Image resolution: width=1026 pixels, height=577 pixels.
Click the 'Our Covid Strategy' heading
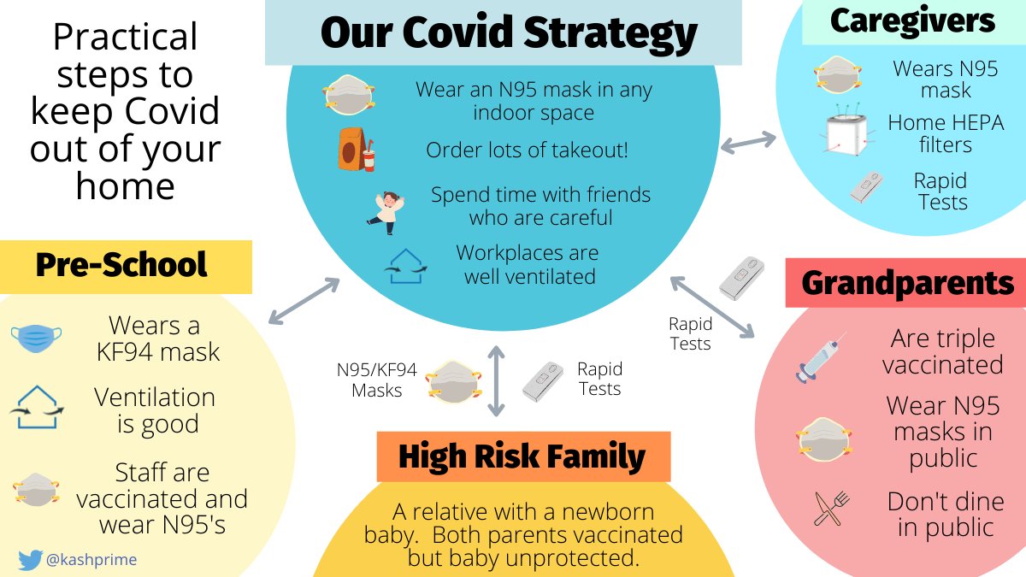point(509,32)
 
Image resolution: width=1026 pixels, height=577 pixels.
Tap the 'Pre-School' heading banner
point(121,266)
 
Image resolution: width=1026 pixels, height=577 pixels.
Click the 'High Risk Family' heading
point(522,457)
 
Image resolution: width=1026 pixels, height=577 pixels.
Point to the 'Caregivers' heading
point(913,21)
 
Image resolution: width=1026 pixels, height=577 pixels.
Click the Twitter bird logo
point(30,560)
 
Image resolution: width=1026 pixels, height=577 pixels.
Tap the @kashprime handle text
point(91,560)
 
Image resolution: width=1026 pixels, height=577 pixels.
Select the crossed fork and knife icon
point(824,510)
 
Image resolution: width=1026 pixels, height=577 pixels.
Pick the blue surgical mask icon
point(37,339)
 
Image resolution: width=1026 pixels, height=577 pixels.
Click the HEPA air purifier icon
point(847,134)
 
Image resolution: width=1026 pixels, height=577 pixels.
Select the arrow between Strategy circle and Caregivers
point(749,143)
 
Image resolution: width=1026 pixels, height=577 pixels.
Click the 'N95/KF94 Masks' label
point(376,380)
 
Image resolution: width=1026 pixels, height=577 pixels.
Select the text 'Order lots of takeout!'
point(528,150)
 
